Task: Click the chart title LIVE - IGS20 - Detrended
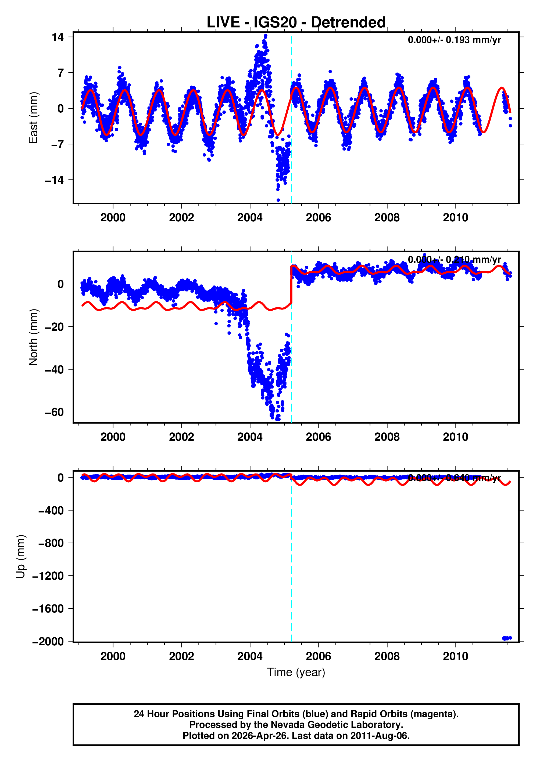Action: (296, 23)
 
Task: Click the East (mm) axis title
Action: (33, 118)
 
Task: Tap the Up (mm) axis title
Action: (21, 557)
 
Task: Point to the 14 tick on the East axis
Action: (57, 37)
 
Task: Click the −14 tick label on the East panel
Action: (54, 180)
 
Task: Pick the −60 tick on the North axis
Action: (54, 412)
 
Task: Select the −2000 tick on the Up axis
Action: (48, 642)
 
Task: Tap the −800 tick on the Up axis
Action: (51, 543)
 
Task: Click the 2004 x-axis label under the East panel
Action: (250, 218)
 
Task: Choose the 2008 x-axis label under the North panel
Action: (387, 437)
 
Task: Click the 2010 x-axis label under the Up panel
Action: (455, 656)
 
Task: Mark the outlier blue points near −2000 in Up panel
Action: (507, 638)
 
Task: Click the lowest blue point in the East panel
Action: (278, 200)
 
